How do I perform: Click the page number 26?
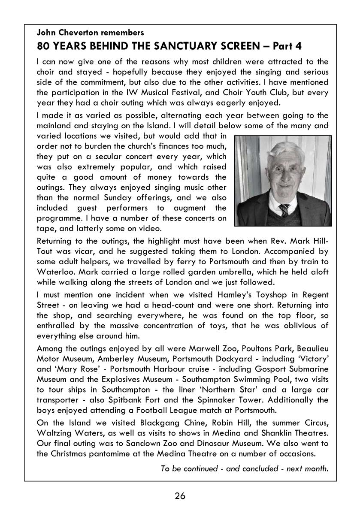pyautogui.click(x=180, y=496)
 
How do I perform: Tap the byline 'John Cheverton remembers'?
pyautogui.click(x=91, y=32)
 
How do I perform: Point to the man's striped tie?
pyautogui.click(x=284, y=209)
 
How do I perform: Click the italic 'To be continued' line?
pyautogui.click(x=245, y=468)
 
